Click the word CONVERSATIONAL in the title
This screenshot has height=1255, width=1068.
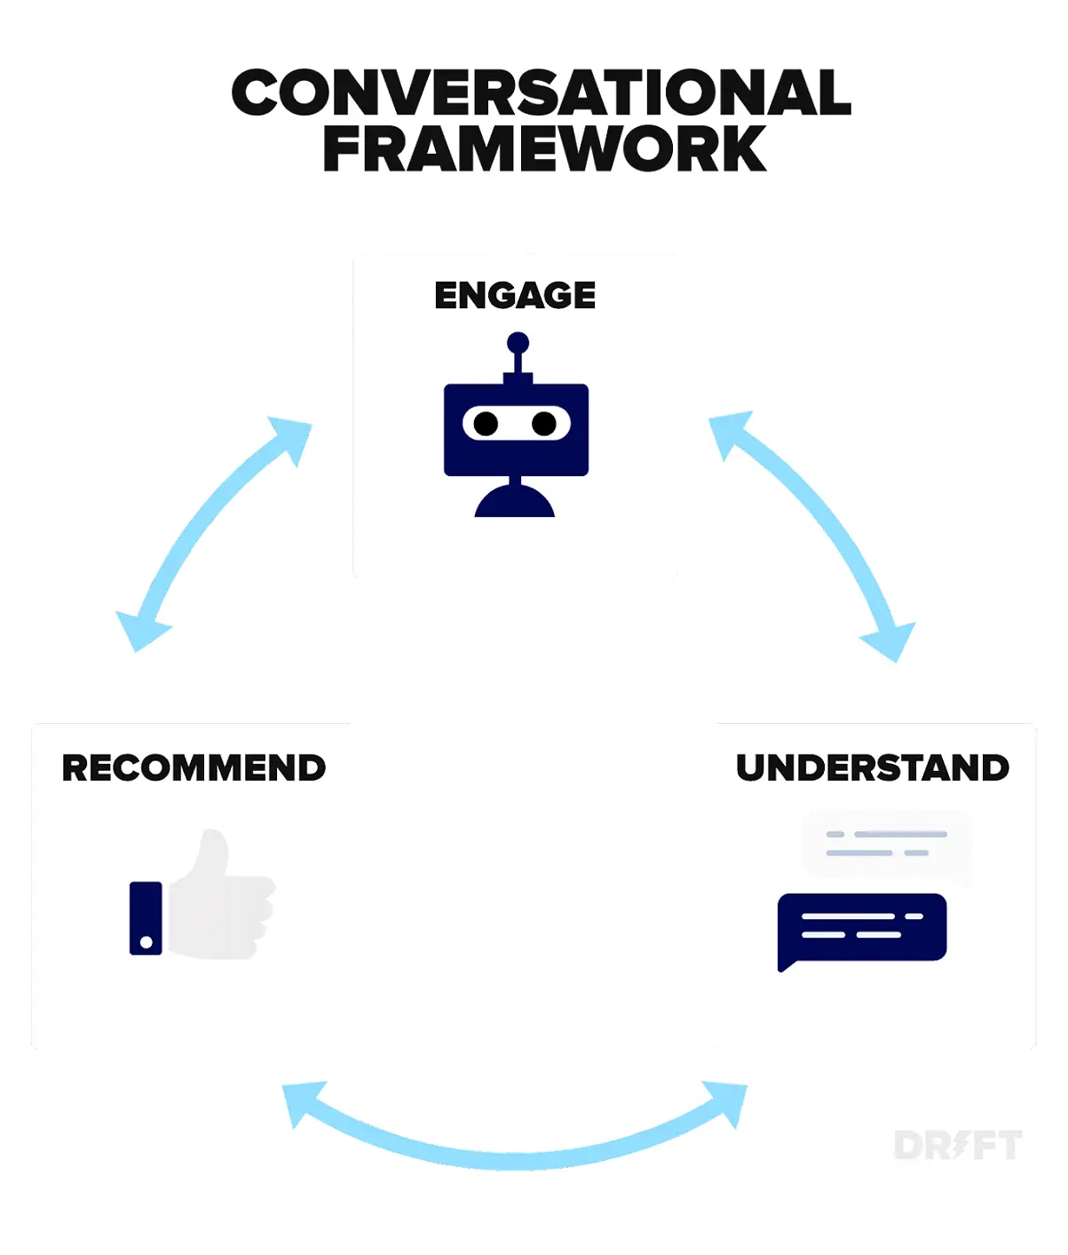[x=541, y=93]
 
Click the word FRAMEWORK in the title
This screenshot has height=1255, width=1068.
[x=544, y=149]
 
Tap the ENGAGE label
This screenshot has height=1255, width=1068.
[x=515, y=296]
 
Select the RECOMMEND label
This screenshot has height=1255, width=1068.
[x=194, y=768]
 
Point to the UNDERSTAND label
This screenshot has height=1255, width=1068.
[x=872, y=768]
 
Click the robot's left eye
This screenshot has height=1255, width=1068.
[x=486, y=424]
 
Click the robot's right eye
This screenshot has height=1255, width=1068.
[x=544, y=424]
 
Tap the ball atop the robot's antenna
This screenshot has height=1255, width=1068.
[x=518, y=343]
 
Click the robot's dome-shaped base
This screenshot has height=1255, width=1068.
[x=515, y=503]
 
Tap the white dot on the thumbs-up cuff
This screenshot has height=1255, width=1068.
[x=146, y=941]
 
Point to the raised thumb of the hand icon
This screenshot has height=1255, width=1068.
[x=212, y=853]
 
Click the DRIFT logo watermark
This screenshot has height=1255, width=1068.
[x=957, y=1145]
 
